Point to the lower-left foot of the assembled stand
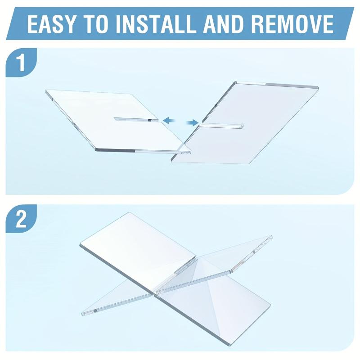tap(85, 312)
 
